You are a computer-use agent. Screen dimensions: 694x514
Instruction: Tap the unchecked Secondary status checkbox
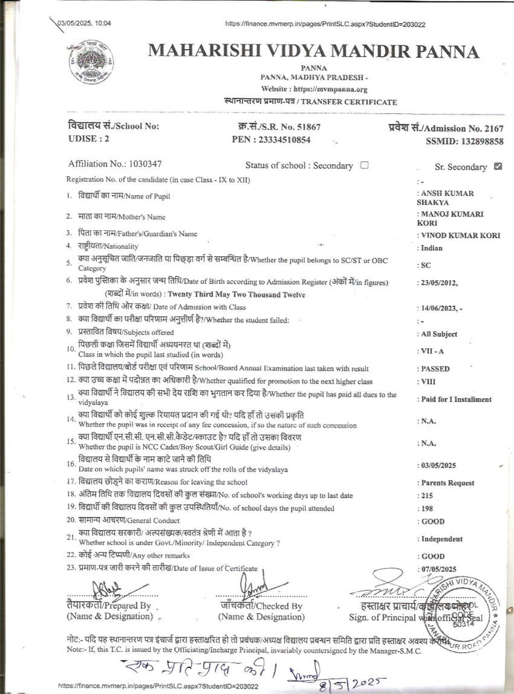click(364, 165)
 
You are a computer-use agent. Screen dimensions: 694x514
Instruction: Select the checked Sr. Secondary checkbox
click(497, 166)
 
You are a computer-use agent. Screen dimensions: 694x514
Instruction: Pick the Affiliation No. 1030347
click(145, 164)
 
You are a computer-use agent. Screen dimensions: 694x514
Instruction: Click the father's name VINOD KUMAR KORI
click(461, 235)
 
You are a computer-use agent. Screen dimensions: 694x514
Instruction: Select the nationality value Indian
click(432, 248)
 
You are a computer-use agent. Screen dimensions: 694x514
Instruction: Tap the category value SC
click(426, 265)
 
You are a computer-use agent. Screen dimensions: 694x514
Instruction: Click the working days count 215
click(427, 496)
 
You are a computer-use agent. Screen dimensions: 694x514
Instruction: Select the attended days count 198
click(427, 508)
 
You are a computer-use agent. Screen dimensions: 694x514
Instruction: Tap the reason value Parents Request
click(448, 483)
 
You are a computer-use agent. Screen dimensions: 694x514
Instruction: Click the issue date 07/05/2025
click(439, 569)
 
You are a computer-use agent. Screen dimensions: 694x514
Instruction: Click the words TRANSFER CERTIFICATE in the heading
click(349, 102)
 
